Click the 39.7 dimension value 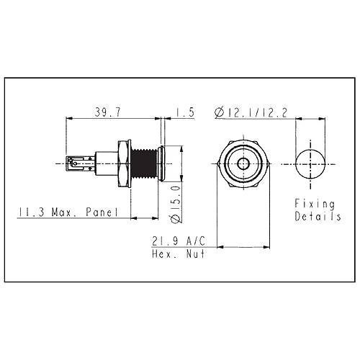(108, 112)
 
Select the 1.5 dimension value (184, 112)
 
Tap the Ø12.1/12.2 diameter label (251, 112)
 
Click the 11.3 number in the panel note (32, 212)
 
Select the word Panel (102, 212)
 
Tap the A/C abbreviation (196, 241)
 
